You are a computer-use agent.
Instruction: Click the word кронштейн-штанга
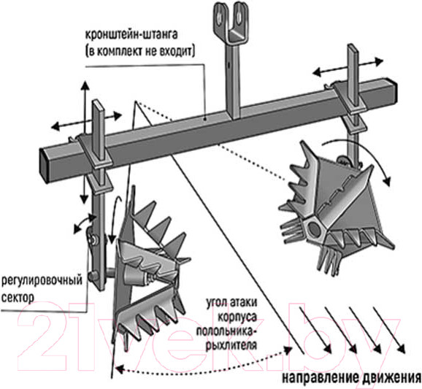pyautogui.click(x=131, y=35)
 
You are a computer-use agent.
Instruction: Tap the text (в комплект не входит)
pyautogui.click(x=140, y=51)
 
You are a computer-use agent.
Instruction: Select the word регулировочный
pyautogui.click(x=42, y=281)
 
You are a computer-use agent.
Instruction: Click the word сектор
pyautogui.click(x=18, y=298)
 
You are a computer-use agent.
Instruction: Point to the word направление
pyautogui.click(x=320, y=378)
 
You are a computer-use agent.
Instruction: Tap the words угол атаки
pyautogui.click(x=231, y=303)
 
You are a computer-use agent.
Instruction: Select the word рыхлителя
pyautogui.click(x=231, y=345)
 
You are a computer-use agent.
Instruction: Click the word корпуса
pyautogui.click(x=237, y=317)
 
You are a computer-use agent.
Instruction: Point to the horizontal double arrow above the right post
pyautogui.click(x=348, y=66)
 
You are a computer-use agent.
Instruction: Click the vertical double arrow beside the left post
pyautogui.click(x=85, y=142)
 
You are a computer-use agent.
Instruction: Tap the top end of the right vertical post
pyautogui.click(x=353, y=47)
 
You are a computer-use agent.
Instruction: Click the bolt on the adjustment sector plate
pyautogui.click(x=94, y=239)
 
